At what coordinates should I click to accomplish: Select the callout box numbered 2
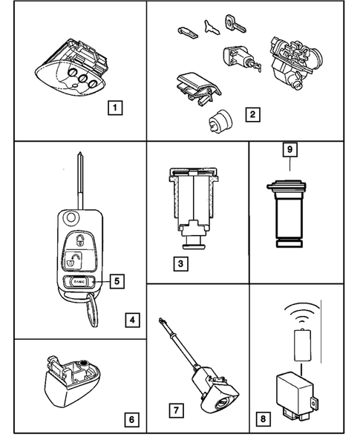coord(253,115)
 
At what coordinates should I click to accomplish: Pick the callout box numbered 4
coord(131,321)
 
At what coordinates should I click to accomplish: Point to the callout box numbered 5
coord(117,280)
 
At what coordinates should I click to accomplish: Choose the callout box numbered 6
coord(131,419)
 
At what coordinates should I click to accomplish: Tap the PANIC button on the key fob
coord(79,282)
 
